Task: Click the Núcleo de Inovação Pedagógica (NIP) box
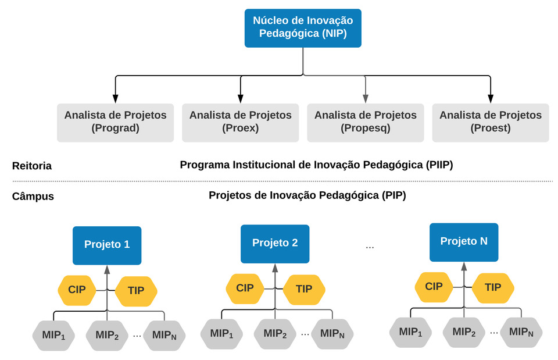tap(303, 28)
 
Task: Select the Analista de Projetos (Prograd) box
tap(115, 123)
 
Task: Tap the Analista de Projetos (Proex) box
tap(240, 123)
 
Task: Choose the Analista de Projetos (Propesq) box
tap(366, 123)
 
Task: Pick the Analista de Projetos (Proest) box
tap(491, 123)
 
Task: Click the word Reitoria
tap(32, 166)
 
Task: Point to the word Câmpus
tap(33, 196)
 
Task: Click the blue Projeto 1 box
tap(107, 245)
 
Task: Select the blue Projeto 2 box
tap(275, 244)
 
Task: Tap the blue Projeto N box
tap(464, 242)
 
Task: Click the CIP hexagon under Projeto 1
tap(77, 290)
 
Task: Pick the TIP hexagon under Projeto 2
tap(304, 289)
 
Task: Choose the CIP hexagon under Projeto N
tap(434, 287)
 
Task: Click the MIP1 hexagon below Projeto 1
tap(53, 336)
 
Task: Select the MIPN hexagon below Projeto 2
tap(332, 334)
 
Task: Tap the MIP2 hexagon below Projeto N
tap(464, 332)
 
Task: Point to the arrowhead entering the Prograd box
tap(115, 99)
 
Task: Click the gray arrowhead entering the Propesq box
tap(366, 99)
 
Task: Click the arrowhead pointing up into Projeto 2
tap(275, 268)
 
